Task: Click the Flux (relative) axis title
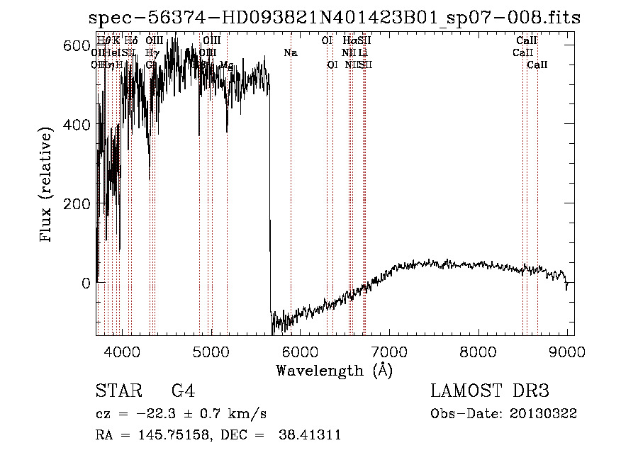[47, 186]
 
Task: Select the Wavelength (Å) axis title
[334, 370]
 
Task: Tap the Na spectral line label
[291, 52]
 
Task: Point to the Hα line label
[349, 41]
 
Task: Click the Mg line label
[227, 65]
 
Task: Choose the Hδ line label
[130, 41]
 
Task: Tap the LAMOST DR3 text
[490, 392]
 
